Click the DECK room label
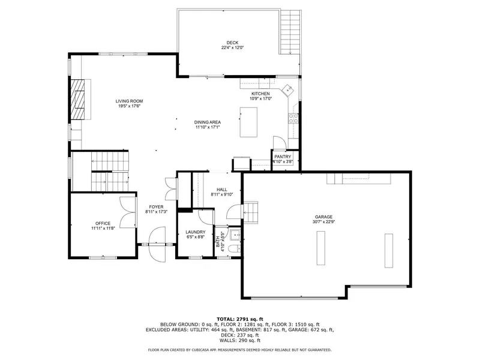click(x=232, y=43)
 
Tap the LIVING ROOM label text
click(x=129, y=101)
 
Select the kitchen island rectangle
click(x=248, y=122)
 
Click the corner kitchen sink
click(x=288, y=91)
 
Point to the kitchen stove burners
click(x=293, y=118)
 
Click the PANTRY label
click(x=283, y=157)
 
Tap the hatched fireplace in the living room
click(x=78, y=100)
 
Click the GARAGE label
click(x=323, y=217)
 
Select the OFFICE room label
click(x=103, y=223)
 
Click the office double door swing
click(x=127, y=212)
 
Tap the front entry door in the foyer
click(x=157, y=244)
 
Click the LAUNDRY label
click(x=196, y=232)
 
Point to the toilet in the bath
click(x=235, y=248)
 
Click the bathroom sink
click(x=235, y=235)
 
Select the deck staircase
click(x=290, y=32)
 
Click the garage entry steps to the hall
click(x=251, y=212)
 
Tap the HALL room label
click(x=221, y=190)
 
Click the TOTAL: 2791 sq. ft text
click(x=239, y=319)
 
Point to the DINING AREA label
click(x=208, y=122)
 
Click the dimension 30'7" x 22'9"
click(x=323, y=221)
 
